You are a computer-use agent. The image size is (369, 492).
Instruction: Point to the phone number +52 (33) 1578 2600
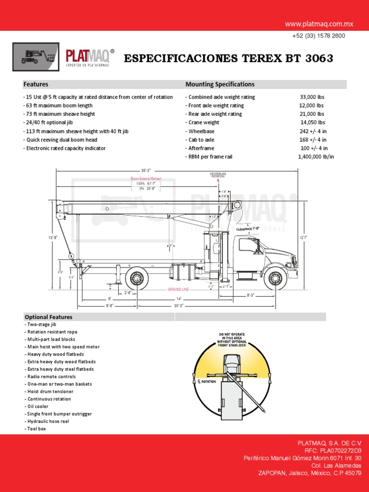[318, 36]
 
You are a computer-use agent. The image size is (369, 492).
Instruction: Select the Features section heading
[36, 85]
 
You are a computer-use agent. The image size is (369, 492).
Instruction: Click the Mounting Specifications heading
[220, 85]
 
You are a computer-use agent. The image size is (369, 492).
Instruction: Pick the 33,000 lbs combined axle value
[311, 97]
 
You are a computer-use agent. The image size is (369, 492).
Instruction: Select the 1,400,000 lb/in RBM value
[316, 157]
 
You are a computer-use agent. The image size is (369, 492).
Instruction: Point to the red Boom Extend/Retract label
[146, 179]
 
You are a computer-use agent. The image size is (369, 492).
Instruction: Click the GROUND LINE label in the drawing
[178, 290]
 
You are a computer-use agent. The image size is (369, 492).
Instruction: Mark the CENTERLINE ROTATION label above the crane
[218, 175]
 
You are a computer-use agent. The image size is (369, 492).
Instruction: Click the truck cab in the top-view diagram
[231, 363]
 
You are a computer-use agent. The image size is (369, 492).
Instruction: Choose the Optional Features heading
[48, 317]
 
